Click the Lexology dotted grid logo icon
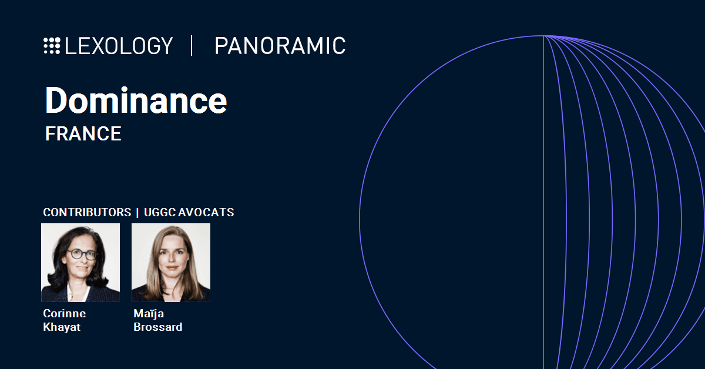52,46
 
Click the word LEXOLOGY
119,46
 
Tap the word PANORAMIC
280,46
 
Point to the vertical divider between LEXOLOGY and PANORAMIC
192,46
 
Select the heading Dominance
136,100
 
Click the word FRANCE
83,134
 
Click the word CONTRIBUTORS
87,212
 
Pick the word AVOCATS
206,212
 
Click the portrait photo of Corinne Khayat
80,263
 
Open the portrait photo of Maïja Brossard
171,263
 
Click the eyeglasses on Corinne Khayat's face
82,254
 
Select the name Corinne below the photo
65,313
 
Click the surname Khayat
62,327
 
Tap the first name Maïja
149,313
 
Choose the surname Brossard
158,327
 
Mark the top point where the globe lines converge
543,36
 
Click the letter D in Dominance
55,100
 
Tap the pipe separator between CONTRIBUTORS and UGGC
137,213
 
